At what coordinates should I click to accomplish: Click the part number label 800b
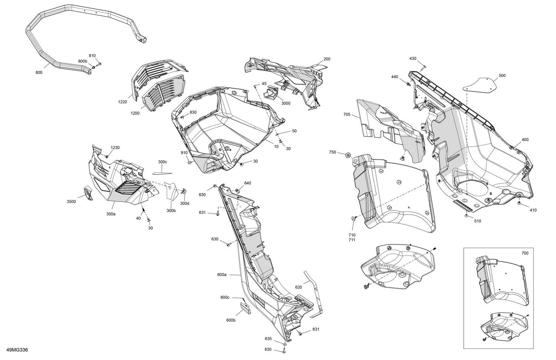click(x=83, y=61)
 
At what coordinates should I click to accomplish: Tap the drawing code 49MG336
click(x=17, y=350)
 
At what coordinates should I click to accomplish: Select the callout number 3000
click(x=285, y=103)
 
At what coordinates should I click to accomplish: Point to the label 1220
click(x=122, y=102)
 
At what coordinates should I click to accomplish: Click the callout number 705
click(x=347, y=114)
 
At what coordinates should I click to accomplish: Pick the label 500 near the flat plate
click(x=502, y=76)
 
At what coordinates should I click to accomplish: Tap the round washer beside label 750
click(x=348, y=156)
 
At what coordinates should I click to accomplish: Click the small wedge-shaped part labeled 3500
click(x=88, y=193)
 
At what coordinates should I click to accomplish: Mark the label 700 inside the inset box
click(x=525, y=253)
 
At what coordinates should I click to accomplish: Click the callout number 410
click(x=533, y=210)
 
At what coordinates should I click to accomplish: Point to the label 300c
click(x=163, y=162)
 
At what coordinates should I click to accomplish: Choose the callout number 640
click(x=248, y=183)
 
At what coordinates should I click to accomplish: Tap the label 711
click(x=352, y=240)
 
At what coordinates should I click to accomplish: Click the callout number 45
click(x=264, y=84)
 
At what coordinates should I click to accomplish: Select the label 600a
click(x=222, y=274)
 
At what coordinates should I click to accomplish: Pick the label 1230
click(x=115, y=147)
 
